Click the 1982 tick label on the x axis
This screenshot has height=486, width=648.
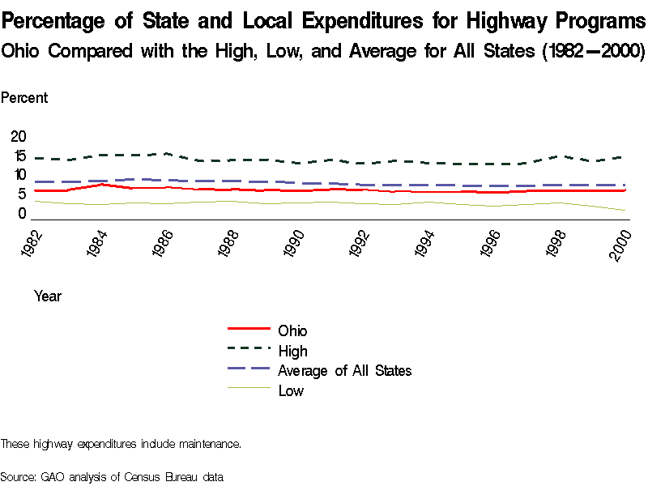(33, 244)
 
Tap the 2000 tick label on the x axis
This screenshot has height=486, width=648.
(623, 244)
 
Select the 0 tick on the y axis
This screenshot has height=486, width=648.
(22, 214)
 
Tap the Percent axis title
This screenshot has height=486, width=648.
(24, 98)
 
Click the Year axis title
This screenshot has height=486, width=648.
(48, 296)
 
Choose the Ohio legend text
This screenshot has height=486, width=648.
(292, 331)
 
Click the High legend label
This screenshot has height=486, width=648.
(292, 352)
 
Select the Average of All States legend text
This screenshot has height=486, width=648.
(345, 371)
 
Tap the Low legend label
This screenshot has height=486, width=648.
(291, 391)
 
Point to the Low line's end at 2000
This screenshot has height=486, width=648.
(625, 211)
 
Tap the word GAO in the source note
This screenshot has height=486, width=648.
(53, 476)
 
